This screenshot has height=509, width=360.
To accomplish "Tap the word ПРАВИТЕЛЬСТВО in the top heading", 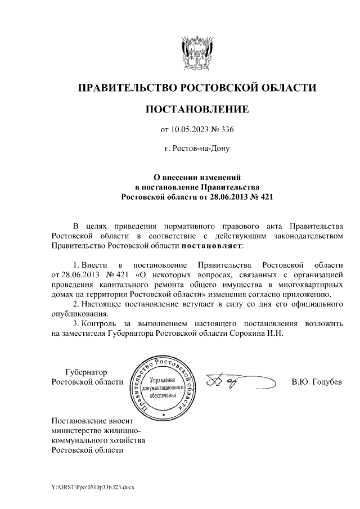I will (126, 88).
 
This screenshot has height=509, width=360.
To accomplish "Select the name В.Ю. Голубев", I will (317, 382).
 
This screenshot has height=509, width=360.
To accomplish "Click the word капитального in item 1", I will (119, 285).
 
